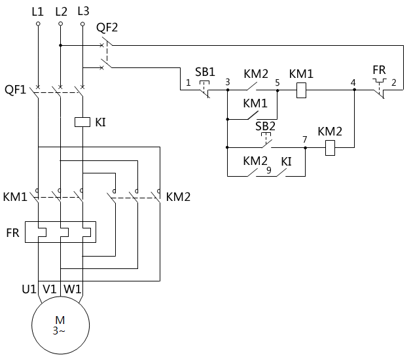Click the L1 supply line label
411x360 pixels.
pyautogui.click(x=38, y=11)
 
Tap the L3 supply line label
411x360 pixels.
pyautogui.click(x=83, y=11)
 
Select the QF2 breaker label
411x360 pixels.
pyautogui.click(x=107, y=27)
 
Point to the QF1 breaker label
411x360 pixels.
pyautogui.click(x=15, y=90)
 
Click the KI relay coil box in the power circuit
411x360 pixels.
pyautogui.click(x=82, y=122)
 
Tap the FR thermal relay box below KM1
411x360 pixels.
pyautogui.click(x=60, y=232)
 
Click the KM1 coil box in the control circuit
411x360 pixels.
pyautogui.click(x=302, y=91)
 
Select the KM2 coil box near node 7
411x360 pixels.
pyautogui.click(x=331, y=149)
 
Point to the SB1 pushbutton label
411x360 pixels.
pyautogui.click(x=205, y=71)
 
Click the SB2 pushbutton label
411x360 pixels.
pyautogui.click(x=266, y=126)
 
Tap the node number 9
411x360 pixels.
pyautogui.click(x=268, y=171)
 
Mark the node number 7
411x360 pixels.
pyautogui.click(x=304, y=140)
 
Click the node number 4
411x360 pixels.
pyautogui.click(x=353, y=83)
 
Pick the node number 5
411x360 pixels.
pyautogui.click(x=277, y=83)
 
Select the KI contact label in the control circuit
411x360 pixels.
pyautogui.click(x=287, y=161)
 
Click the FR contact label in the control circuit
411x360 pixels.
pyautogui.click(x=380, y=69)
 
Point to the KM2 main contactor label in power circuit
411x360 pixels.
pyautogui.click(x=178, y=196)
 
